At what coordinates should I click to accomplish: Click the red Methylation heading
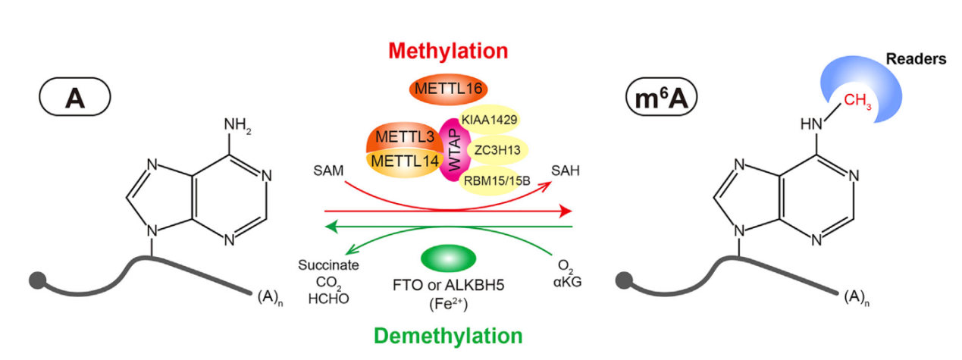pos(447,52)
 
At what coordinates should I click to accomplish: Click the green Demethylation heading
pos(448,336)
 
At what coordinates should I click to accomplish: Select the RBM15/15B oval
pos(497,180)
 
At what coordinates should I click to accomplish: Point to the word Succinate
pos(328,265)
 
